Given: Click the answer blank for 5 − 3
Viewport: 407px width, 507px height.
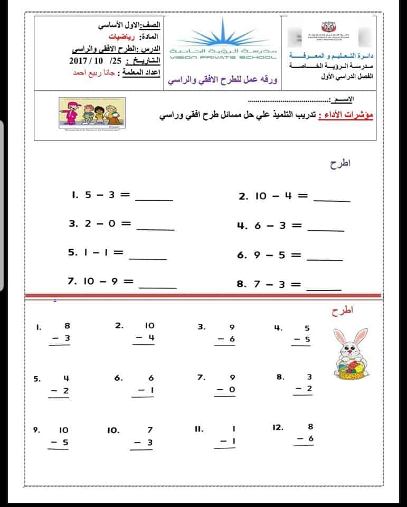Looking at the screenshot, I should tap(155, 200).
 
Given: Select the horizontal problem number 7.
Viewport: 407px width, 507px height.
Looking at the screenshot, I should tap(73, 281).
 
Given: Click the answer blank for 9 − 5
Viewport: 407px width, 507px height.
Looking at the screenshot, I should tap(325, 260).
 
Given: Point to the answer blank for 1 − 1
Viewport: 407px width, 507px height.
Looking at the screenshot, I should tap(148, 258).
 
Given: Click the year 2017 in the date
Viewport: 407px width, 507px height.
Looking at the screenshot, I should tap(80, 61).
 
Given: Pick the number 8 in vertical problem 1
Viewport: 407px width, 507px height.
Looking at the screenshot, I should tap(67, 326).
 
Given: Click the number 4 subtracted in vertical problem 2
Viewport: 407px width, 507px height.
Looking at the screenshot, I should tap(150, 337).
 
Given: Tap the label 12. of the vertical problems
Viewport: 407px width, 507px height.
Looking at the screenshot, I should tap(278, 427).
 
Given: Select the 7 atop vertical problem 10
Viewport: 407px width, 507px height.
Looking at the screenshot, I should tap(150, 430).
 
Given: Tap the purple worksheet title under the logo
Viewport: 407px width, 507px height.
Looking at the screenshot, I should tap(222, 81).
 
